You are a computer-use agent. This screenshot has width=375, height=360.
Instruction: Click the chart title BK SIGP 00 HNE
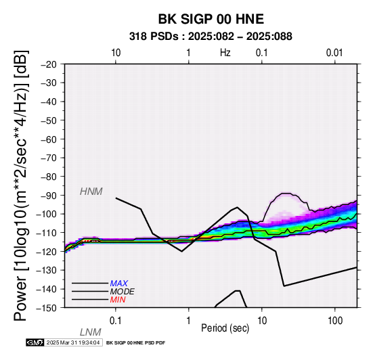click(x=211, y=19)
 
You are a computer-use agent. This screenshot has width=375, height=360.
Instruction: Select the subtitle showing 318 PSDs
click(x=211, y=37)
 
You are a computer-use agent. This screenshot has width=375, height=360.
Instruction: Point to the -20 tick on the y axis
click(x=49, y=64)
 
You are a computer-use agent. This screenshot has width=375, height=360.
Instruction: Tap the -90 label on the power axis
click(x=49, y=196)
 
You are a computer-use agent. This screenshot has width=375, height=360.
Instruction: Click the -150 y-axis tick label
click(x=47, y=308)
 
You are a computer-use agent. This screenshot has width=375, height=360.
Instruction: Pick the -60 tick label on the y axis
click(x=49, y=139)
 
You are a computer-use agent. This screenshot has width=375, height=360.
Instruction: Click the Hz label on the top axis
click(x=225, y=53)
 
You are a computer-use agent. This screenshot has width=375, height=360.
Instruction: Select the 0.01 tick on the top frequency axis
click(x=334, y=53)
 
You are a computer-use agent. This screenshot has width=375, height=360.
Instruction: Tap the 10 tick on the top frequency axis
click(x=116, y=53)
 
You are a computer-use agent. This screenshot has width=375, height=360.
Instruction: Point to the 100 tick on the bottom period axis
click(x=335, y=321)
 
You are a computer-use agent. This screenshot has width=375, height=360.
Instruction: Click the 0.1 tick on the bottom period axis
click(x=116, y=321)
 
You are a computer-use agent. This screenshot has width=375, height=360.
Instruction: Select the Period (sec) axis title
click(x=225, y=328)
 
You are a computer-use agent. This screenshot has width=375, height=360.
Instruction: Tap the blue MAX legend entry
click(x=119, y=284)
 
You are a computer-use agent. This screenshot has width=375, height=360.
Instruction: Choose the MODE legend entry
click(x=123, y=292)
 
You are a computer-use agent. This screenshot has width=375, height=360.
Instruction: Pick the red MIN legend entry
click(x=118, y=300)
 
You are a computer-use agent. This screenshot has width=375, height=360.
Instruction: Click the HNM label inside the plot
click(x=91, y=192)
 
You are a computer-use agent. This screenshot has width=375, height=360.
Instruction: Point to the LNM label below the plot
click(x=91, y=332)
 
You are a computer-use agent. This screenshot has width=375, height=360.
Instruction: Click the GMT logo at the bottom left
click(x=35, y=342)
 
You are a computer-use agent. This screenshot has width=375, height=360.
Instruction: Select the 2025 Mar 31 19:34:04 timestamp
click(x=73, y=342)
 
